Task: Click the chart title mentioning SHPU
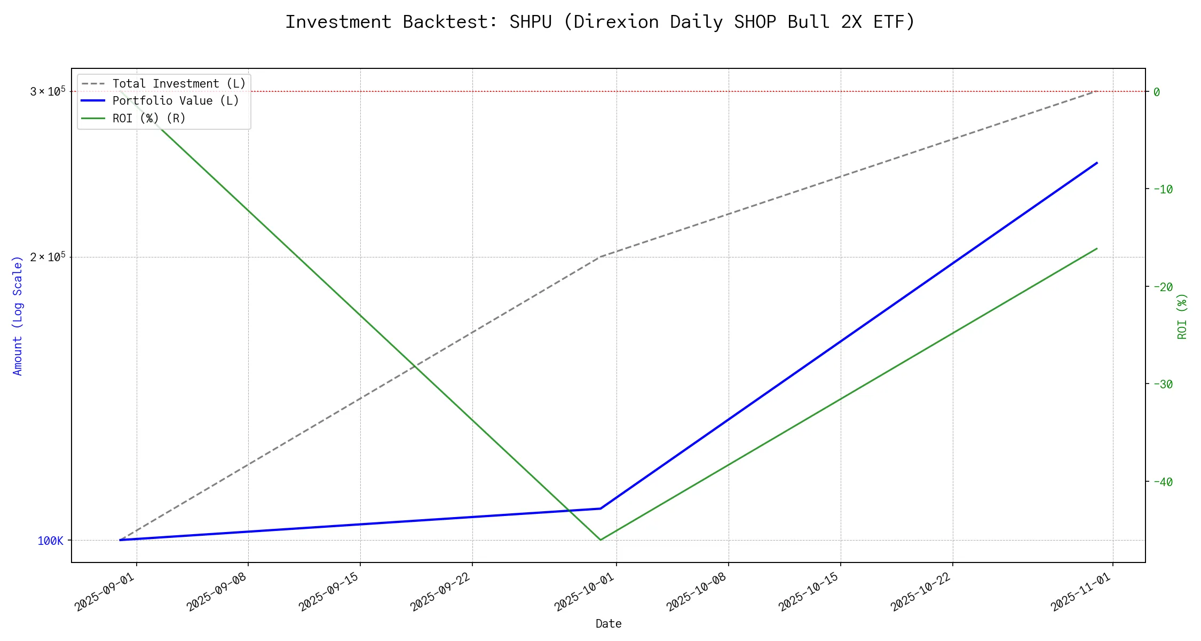click(x=600, y=22)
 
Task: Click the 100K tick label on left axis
click(x=50, y=541)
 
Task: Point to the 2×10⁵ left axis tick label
click(x=48, y=257)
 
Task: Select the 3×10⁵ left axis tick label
click(x=48, y=91)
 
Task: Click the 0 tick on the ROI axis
click(x=1156, y=92)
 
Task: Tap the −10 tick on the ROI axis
click(x=1163, y=189)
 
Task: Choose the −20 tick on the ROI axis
click(x=1163, y=287)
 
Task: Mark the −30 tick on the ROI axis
click(x=1163, y=384)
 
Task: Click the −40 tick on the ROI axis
click(x=1163, y=482)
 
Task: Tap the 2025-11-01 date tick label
click(x=1082, y=592)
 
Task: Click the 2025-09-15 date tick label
click(x=329, y=592)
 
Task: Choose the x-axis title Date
click(x=609, y=623)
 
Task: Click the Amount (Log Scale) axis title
click(x=18, y=316)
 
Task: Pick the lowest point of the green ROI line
click(x=600, y=540)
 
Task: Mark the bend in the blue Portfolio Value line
click(x=600, y=509)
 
